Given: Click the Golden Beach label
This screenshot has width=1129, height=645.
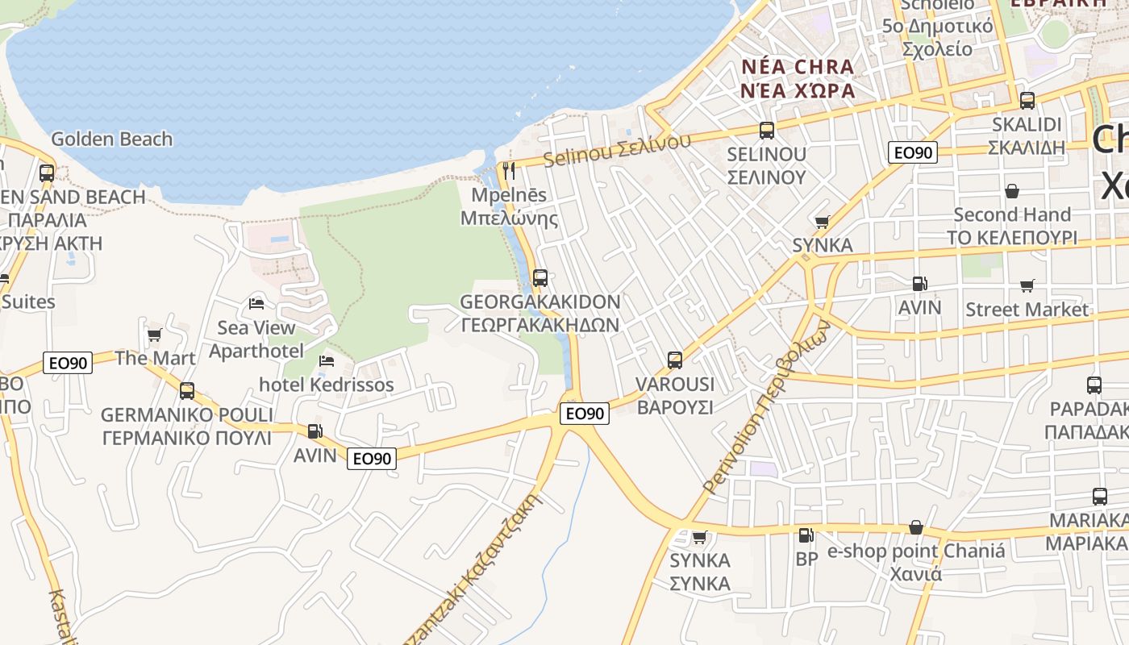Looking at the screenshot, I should click(x=111, y=139).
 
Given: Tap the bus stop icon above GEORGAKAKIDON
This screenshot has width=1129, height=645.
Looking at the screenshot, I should click(x=540, y=278).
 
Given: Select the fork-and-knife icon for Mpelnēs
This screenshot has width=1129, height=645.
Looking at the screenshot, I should click(x=508, y=170).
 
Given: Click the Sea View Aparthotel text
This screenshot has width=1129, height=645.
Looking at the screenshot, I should click(x=256, y=339).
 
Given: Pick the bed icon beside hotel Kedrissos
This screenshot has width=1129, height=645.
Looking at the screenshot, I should click(x=327, y=360).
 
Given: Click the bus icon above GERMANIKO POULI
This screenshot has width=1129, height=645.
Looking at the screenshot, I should click(x=187, y=391).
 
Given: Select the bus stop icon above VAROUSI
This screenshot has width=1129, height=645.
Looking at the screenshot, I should click(x=675, y=360).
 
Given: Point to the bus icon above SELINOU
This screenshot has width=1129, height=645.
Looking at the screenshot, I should click(x=766, y=130).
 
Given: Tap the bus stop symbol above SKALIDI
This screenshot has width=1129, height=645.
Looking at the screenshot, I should click(x=1027, y=101).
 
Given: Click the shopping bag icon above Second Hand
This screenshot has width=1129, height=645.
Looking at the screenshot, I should click(x=1012, y=191).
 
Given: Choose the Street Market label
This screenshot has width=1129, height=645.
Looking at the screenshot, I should click(x=1027, y=310).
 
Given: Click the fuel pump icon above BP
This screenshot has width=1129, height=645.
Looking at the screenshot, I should click(x=805, y=535).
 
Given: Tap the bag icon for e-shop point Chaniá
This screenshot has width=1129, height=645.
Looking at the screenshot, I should click(x=916, y=527).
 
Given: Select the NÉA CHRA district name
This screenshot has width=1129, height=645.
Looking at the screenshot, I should click(x=797, y=66).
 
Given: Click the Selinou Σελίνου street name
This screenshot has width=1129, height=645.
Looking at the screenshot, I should click(x=617, y=150).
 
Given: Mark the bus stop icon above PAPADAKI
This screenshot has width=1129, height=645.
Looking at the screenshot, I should click(x=1094, y=385).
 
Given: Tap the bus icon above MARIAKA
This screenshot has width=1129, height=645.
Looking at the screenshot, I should click(x=1100, y=497).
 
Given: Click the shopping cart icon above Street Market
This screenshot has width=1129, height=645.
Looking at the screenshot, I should click(x=1027, y=285).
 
